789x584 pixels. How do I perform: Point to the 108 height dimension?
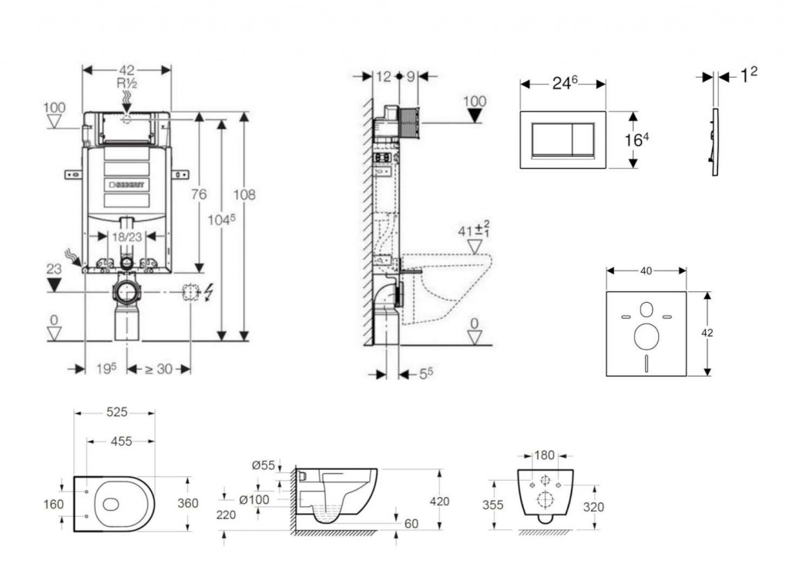coord(244,195)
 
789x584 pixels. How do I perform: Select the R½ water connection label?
coord(126,83)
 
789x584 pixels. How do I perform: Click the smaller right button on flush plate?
coord(583,139)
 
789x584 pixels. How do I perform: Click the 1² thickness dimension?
coord(748,74)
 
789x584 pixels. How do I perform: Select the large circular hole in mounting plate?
coord(646,337)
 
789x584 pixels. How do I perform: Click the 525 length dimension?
coord(116,412)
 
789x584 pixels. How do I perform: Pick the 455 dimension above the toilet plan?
coord(120,441)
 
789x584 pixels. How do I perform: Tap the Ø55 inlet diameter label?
coord(263,465)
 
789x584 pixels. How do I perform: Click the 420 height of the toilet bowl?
coord(439,502)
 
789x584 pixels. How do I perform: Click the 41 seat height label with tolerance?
coord(474,229)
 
